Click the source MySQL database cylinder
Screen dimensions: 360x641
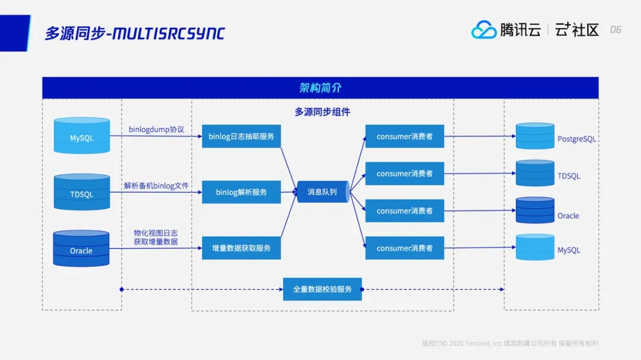(82, 136)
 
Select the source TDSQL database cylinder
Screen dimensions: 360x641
(82, 192)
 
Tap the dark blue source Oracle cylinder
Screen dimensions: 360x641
(81, 249)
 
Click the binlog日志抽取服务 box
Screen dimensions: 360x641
(241, 136)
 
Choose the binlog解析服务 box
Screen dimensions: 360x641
(241, 192)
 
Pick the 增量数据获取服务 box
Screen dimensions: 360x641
(241, 248)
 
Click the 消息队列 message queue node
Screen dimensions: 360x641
(322, 192)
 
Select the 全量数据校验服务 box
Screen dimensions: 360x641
(322, 289)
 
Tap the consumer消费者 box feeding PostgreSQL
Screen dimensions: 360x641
(404, 136)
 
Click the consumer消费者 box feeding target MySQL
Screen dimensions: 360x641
(404, 248)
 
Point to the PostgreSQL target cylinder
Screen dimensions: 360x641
(535, 136)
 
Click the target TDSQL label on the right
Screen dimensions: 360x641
(569, 176)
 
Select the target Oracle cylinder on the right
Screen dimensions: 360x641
(535, 211)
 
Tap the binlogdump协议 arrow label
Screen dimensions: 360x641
(157, 129)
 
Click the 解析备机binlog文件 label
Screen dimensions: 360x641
(157, 186)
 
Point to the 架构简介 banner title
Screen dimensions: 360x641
(320, 88)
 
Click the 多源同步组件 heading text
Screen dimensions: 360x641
(322, 111)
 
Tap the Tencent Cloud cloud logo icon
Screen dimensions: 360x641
(484, 30)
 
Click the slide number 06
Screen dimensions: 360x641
(615, 30)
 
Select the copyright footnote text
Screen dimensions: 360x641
(510, 343)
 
